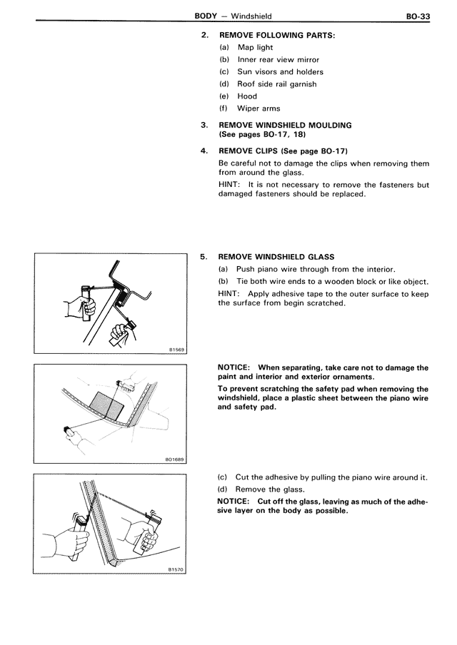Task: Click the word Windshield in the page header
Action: coord(251,15)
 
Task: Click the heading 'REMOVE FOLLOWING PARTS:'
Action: coord(276,34)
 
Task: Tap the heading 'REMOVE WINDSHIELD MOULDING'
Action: coord(285,125)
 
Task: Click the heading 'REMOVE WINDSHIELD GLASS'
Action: coord(276,257)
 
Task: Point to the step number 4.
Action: coord(204,151)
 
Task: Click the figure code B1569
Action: coord(176,349)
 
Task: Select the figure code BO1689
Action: coord(175,460)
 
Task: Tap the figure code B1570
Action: coord(176,569)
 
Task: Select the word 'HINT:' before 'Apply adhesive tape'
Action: coord(231,293)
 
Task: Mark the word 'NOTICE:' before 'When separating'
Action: coord(235,368)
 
